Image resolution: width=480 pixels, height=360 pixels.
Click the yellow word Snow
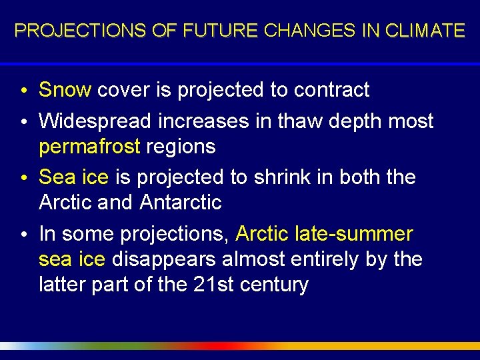pos(65,89)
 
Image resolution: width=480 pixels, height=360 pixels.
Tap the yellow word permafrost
pos(89,147)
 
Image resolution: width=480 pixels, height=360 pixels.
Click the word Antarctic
pos(181,202)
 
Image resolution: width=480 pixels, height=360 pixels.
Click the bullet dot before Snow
pos(24,91)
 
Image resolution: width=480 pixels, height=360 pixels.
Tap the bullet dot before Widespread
pos(24,122)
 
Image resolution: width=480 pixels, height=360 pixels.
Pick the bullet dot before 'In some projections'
pos(24,235)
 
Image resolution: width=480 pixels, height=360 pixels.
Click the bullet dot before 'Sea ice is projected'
pos(24,179)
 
